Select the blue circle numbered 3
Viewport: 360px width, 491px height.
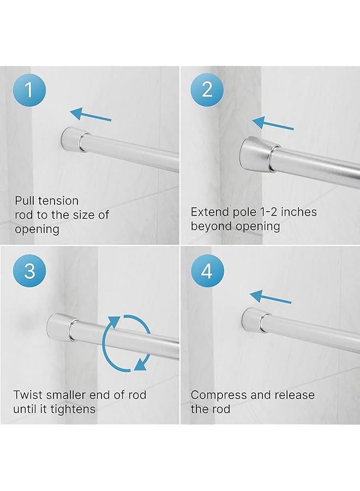(30, 271)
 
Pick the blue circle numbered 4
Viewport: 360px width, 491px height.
(207, 271)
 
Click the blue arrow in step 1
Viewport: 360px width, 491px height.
(91, 115)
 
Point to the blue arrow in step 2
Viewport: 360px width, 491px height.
(273, 124)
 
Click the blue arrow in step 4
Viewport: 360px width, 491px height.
(271, 298)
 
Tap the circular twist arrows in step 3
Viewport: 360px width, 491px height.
(127, 343)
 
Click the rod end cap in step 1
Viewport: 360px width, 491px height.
(71, 140)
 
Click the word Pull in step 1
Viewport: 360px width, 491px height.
(25, 201)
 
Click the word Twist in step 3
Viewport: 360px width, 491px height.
(27, 395)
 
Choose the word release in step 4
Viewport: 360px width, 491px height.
(293, 395)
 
